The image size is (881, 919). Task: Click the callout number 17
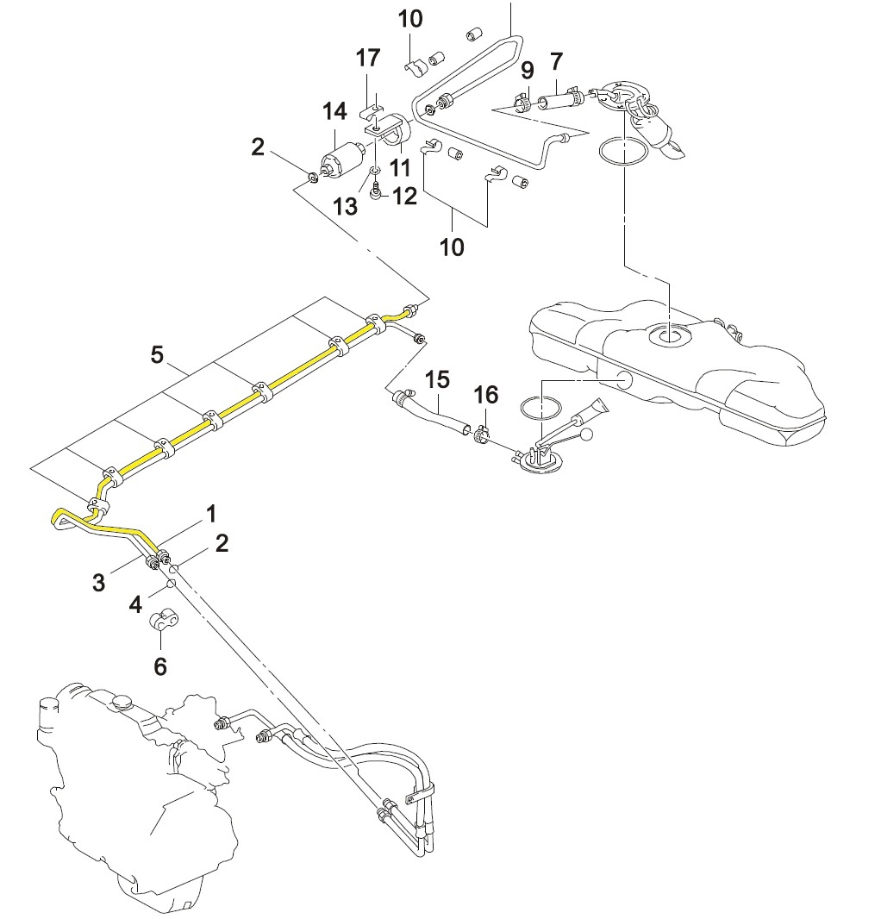click(x=368, y=58)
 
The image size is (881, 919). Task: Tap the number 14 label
click(x=334, y=110)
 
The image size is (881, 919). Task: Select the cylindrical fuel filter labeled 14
click(x=340, y=159)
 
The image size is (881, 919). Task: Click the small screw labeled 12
click(x=377, y=191)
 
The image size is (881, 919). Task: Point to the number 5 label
click(x=157, y=354)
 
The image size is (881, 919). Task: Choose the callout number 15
click(x=437, y=380)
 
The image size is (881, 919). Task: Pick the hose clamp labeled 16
click(x=482, y=435)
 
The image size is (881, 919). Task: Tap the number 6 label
click(x=160, y=666)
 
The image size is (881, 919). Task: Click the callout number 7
click(x=556, y=61)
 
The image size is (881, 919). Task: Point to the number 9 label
click(x=528, y=71)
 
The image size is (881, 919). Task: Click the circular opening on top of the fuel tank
click(x=668, y=336)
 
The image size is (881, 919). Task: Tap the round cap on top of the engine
click(x=123, y=701)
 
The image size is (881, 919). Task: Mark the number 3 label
click(x=98, y=583)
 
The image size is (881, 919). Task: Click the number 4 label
click(x=135, y=604)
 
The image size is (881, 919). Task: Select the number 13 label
click(x=346, y=206)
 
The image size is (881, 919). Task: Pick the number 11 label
click(x=400, y=167)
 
